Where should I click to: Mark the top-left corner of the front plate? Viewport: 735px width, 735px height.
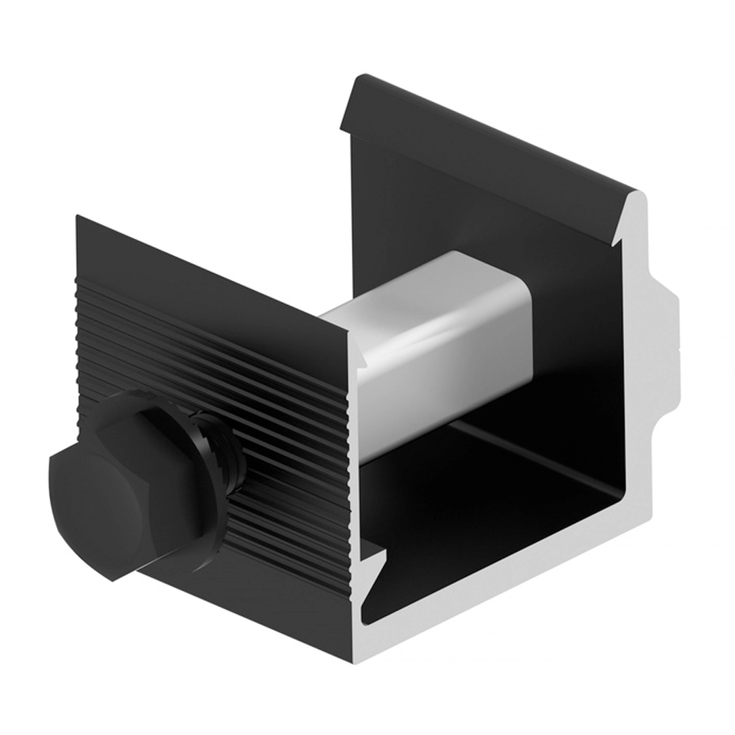click(78, 218)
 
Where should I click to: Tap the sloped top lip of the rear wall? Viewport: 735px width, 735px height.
click(490, 136)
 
